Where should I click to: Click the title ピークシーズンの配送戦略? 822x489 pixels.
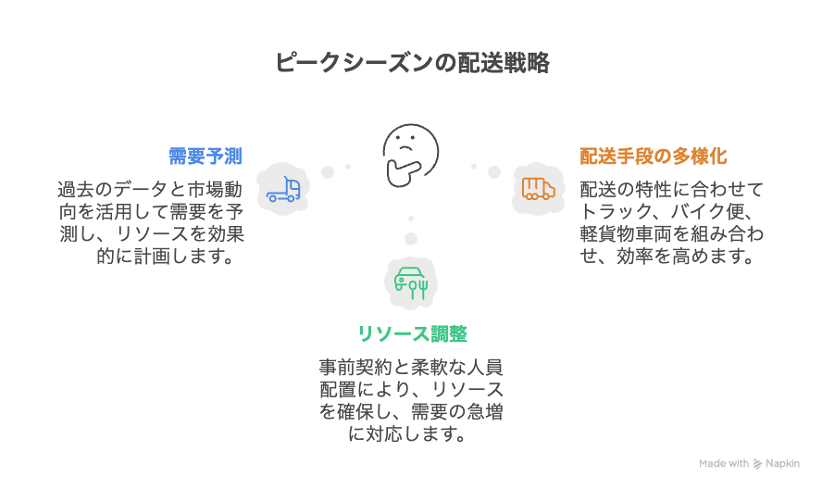point(412,63)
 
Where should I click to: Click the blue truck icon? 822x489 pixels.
point(282,189)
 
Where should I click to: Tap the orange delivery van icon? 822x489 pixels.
point(538,189)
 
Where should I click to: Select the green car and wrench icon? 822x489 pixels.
point(410,281)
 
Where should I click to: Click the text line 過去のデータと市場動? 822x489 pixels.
point(151,190)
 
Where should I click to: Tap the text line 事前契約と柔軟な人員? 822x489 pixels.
point(410,366)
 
